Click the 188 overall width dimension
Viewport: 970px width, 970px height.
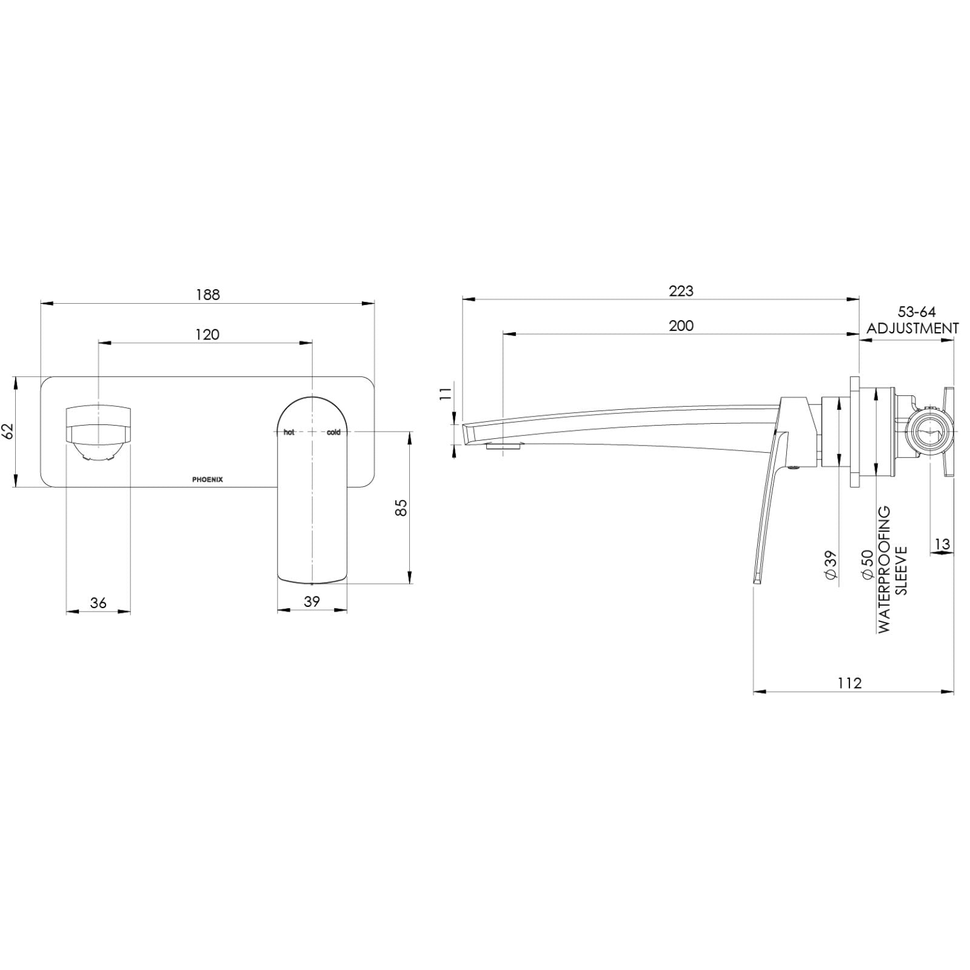pos(207,295)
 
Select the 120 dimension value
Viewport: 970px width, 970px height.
pos(207,334)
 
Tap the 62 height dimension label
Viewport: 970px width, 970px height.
pos(8,432)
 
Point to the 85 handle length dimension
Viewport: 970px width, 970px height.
pos(401,507)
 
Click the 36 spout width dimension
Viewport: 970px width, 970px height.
pos(98,603)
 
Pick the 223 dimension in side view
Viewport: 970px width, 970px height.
pos(681,291)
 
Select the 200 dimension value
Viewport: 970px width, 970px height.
pos(681,326)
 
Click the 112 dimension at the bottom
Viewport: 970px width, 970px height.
pos(849,683)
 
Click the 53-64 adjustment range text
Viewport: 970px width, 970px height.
pos(917,312)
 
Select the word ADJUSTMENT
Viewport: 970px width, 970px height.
pos(912,328)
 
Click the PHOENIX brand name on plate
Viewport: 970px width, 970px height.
pos(207,480)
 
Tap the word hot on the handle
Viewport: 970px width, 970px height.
pos(289,432)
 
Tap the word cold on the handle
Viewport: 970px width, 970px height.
pos(333,432)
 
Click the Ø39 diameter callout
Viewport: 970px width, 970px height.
pos(831,566)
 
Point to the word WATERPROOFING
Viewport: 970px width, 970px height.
pos(885,570)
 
